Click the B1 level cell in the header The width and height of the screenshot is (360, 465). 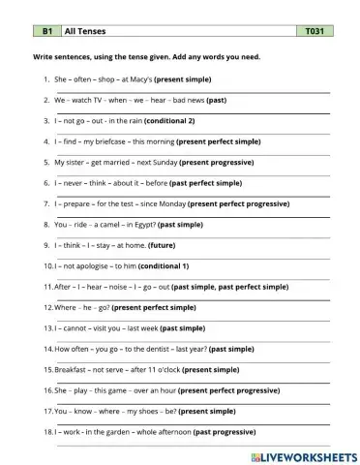[45, 31]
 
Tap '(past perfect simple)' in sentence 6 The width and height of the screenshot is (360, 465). [205, 182]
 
